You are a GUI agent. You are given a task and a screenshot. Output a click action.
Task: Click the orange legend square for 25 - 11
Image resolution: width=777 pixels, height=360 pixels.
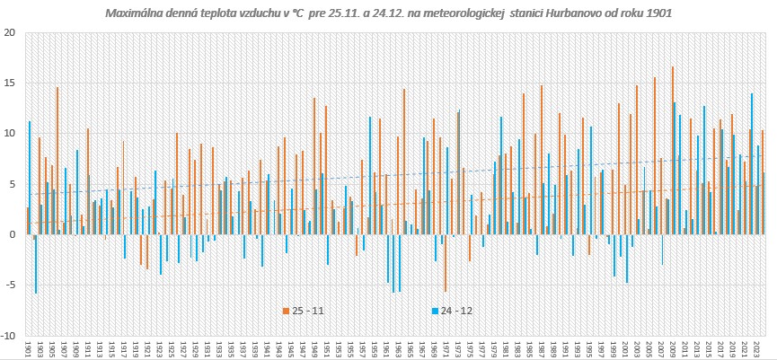tap(287, 311)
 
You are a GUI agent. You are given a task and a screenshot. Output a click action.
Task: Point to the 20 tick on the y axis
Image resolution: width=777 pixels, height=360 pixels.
tap(11, 32)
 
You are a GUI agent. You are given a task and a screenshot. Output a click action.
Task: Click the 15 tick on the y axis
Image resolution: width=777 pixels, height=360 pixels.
tap(11, 83)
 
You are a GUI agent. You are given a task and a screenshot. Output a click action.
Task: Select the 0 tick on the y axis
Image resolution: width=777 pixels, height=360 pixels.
tap(13, 235)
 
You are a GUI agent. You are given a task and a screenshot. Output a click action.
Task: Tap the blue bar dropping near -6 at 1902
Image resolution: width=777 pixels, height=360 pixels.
tap(36, 264)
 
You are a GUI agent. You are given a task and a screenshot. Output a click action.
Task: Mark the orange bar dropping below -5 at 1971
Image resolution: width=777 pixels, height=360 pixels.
tap(446, 263)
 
